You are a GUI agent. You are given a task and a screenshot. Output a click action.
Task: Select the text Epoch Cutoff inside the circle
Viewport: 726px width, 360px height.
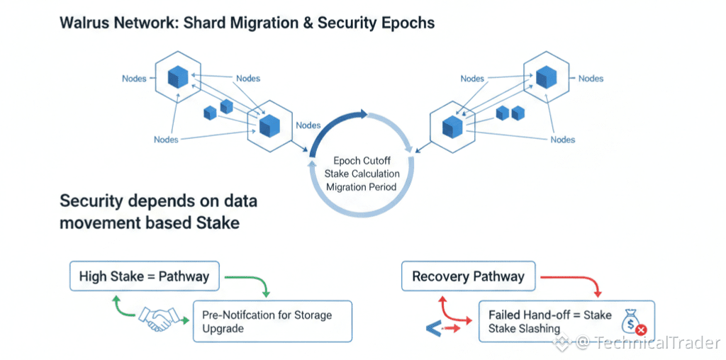pyautogui.click(x=362, y=161)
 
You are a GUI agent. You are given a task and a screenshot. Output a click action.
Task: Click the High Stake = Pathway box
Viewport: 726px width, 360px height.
pyautogui.click(x=144, y=276)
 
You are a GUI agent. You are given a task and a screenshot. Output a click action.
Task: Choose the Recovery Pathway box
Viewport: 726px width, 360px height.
pyautogui.click(x=468, y=276)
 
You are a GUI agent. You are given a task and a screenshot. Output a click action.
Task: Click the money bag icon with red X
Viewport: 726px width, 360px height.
pyautogui.click(x=632, y=321)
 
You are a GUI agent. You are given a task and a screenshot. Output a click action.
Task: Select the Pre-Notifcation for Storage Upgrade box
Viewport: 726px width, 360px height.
pyautogui.click(x=272, y=321)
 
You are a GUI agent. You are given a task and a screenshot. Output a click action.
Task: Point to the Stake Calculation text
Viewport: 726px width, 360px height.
pyautogui.click(x=362, y=174)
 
